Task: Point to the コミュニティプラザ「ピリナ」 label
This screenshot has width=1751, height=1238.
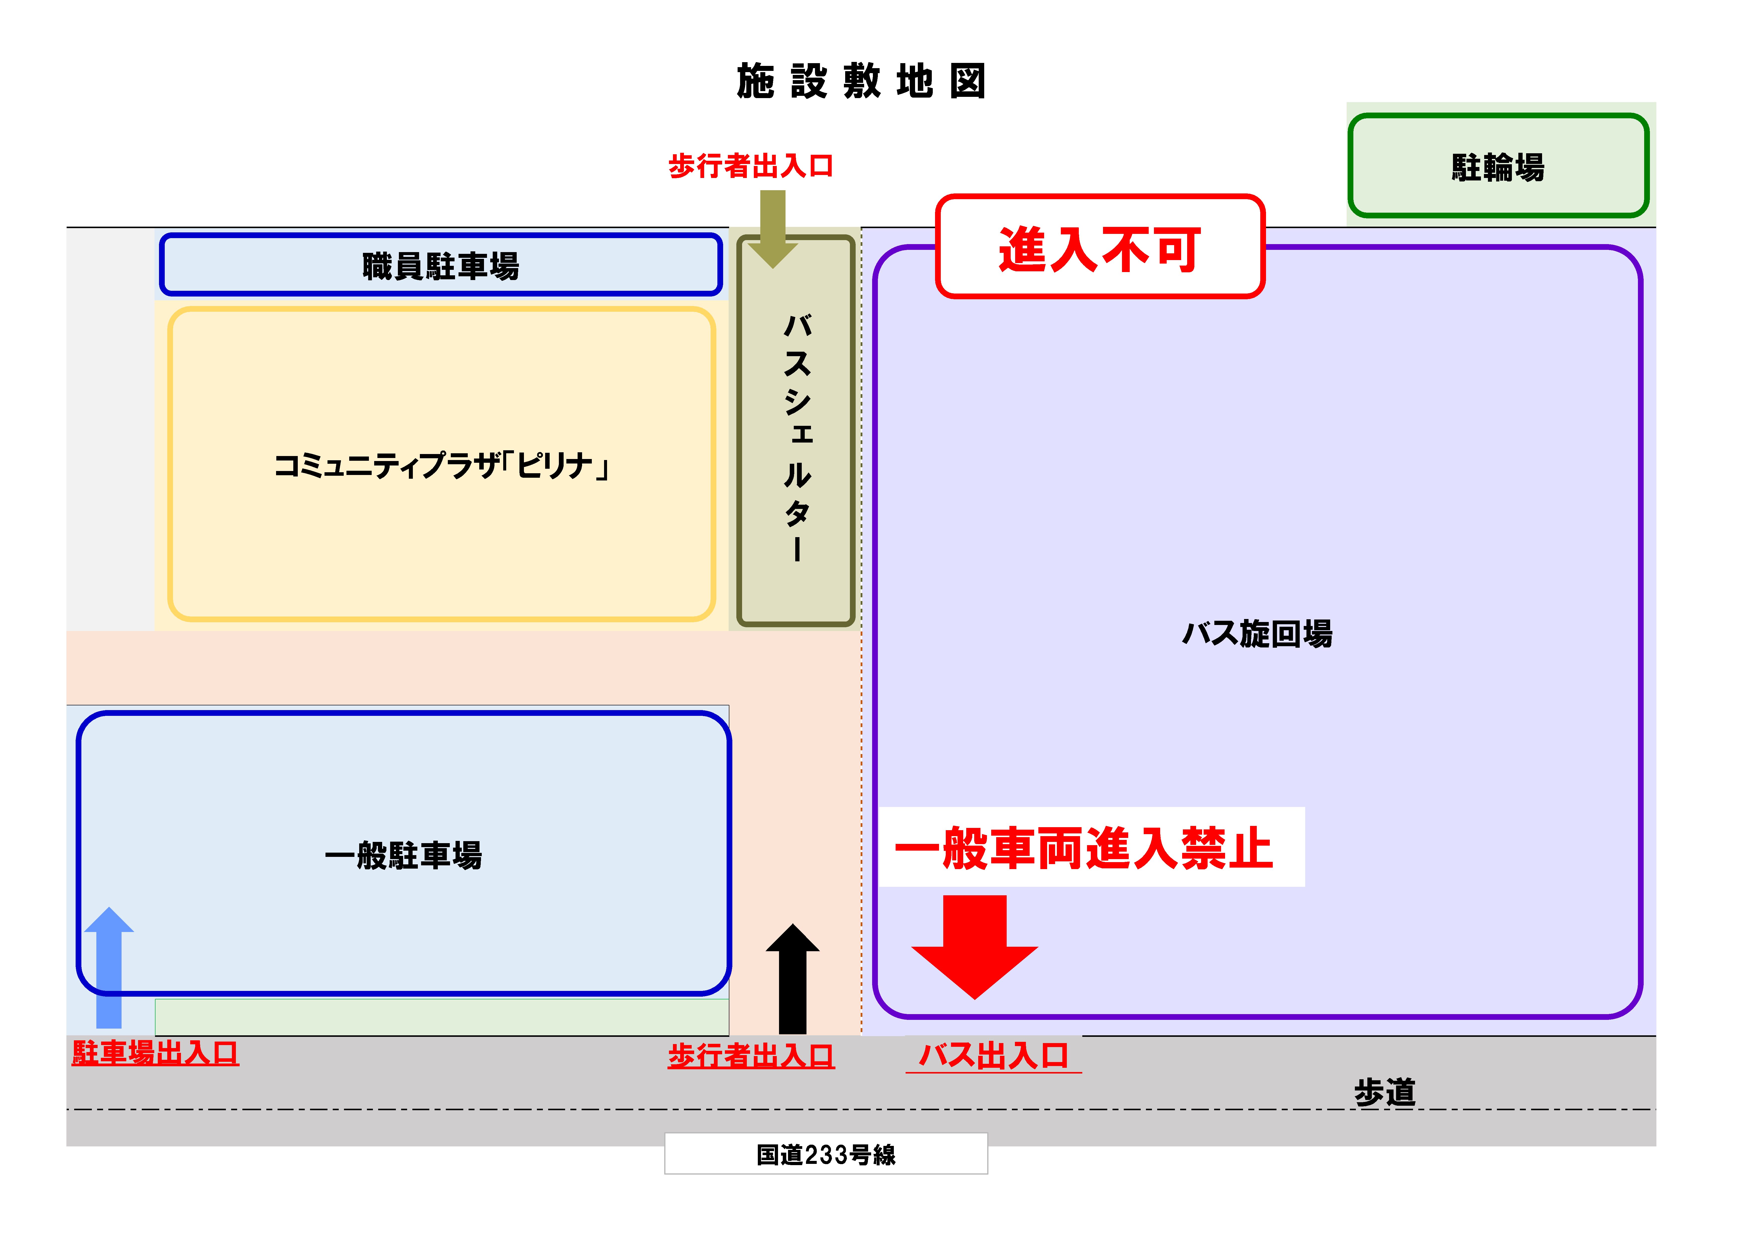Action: tap(441, 465)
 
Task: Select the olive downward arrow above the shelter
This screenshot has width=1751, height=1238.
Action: tap(773, 229)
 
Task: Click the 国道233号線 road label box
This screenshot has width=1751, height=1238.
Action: tap(826, 1154)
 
